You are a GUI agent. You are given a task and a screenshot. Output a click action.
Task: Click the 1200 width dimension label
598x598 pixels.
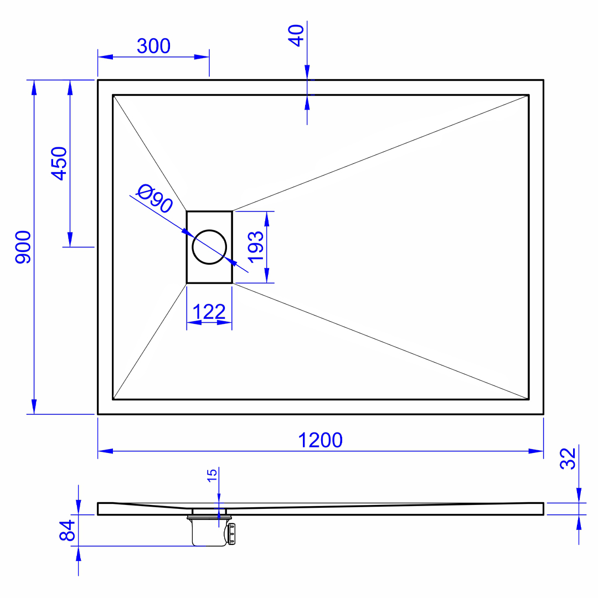coord(321,440)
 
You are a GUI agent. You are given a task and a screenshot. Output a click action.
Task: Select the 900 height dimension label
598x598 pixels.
coord(23,247)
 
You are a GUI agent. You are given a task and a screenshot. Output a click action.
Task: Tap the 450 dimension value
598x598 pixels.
coord(59,163)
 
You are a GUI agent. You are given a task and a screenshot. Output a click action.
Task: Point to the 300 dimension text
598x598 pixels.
coord(153,46)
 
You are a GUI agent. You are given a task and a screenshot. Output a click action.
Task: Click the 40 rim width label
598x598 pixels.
coord(296,35)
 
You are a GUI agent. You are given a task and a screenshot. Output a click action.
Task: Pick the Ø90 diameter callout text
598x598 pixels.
coord(154,198)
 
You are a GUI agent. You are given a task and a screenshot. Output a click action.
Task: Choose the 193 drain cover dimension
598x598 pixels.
coord(255,247)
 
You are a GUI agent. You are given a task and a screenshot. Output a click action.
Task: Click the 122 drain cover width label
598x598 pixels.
coord(209,312)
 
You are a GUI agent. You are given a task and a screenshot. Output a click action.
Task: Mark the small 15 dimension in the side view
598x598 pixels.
coord(212,476)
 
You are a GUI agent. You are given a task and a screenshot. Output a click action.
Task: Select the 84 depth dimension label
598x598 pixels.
coord(68,530)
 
